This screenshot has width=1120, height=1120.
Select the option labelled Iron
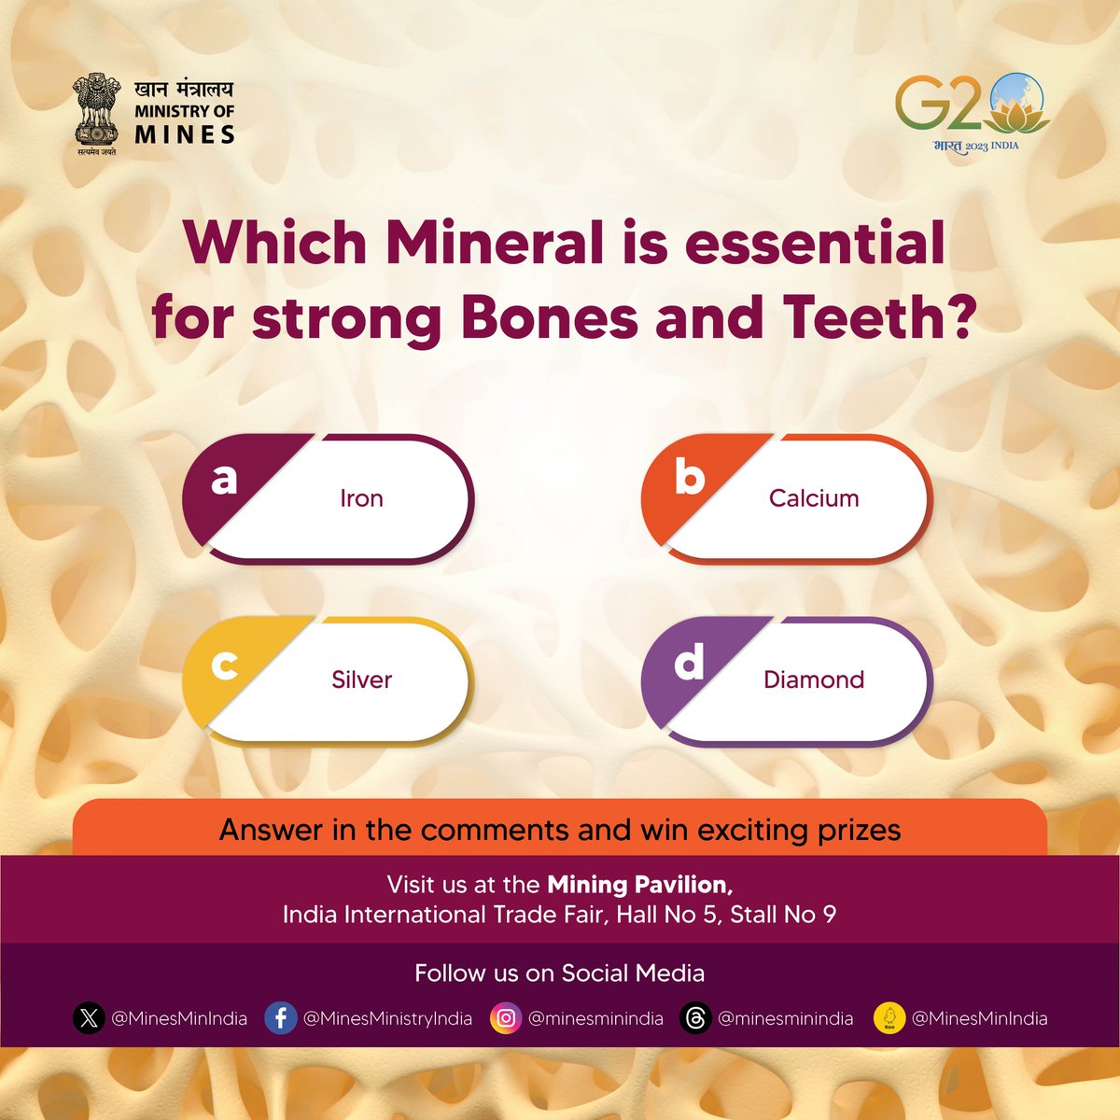[x=361, y=498]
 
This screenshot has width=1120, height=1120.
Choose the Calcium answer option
[x=813, y=498]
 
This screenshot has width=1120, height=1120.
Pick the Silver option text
[x=361, y=679]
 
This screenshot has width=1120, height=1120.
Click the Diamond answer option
[x=813, y=679]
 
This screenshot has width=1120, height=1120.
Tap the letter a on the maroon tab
[x=224, y=478]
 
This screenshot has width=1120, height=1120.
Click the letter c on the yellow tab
[x=224, y=665]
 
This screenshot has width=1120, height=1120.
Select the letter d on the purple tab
[x=689, y=663]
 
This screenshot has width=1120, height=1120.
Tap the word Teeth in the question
[x=870, y=319]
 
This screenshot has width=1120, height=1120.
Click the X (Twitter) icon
[x=89, y=1018]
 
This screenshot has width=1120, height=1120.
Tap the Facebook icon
[x=281, y=1018]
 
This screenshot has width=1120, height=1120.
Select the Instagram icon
[x=506, y=1018]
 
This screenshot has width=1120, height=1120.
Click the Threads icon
[x=695, y=1018]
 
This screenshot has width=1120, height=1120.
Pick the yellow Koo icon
[x=889, y=1018]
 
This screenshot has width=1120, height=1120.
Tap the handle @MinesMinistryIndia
[x=388, y=1018]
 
